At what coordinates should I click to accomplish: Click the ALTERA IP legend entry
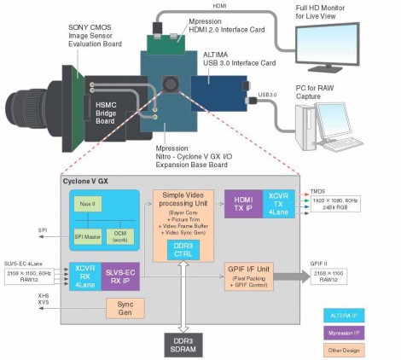coord(352,293)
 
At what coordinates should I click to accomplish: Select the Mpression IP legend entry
coord(352,316)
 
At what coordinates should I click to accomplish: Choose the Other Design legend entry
coord(352,338)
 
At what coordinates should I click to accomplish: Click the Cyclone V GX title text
coord(85,182)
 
